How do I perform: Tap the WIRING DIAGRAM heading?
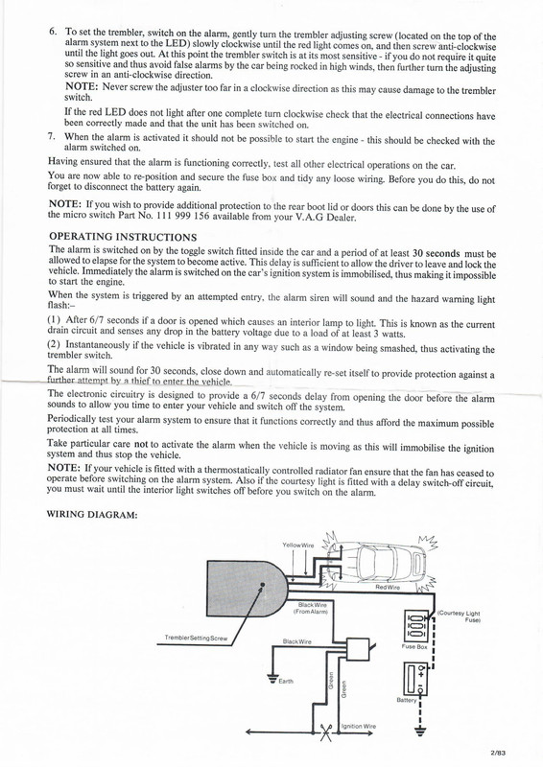pyautogui.click(x=92, y=514)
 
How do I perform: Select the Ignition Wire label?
pyautogui.click(x=359, y=726)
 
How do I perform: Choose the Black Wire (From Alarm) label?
pyautogui.click(x=314, y=607)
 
